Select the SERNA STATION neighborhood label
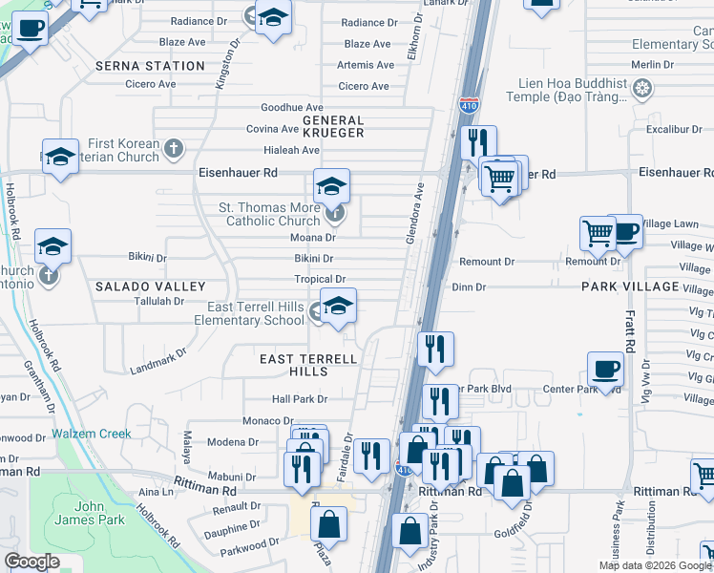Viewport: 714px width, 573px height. (x=151, y=66)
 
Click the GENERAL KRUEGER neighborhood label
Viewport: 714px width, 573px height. (x=333, y=127)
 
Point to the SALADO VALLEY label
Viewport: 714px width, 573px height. (x=151, y=286)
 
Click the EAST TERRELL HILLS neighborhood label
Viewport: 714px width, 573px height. (x=308, y=365)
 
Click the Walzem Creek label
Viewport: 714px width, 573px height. (x=93, y=434)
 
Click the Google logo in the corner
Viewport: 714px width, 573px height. (x=31, y=562)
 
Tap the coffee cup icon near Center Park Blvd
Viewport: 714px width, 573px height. (x=607, y=368)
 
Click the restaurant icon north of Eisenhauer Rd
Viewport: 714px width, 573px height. (x=477, y=142)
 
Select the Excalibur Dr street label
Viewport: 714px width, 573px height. (x=674, y=129)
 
